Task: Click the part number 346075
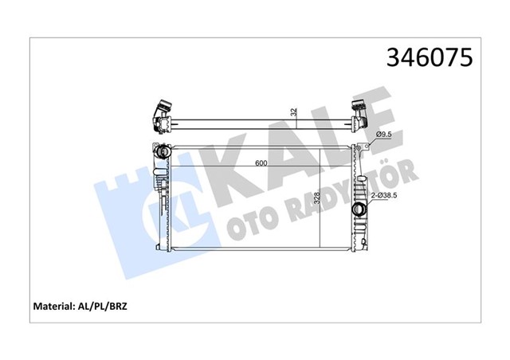pyautogui.click(x=430, y=57)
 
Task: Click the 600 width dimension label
pyautogui.click(x=261, y=163)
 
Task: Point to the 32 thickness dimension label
pyautogui.click(x=295, y=112)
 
